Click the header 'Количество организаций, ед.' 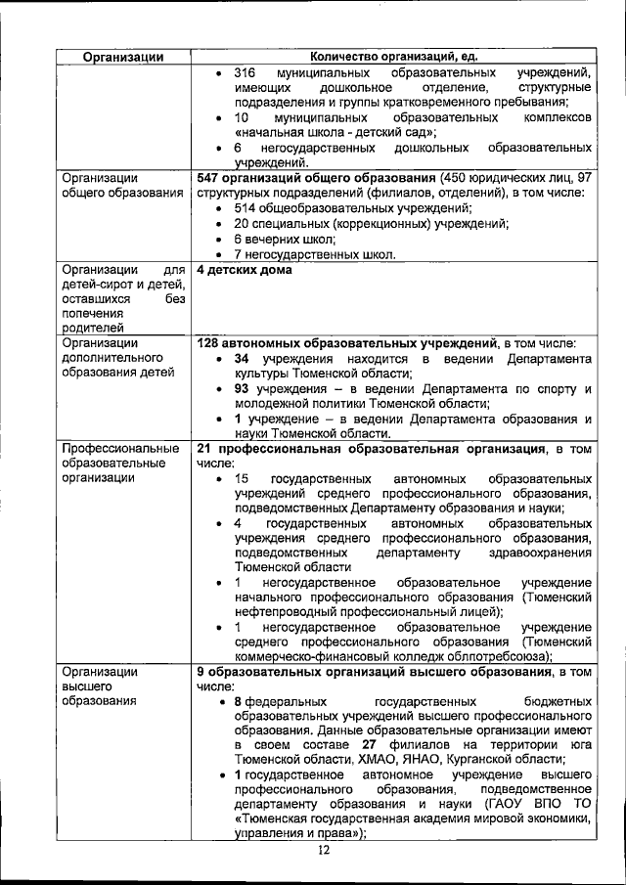coord(394,58)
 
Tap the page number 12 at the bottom coord(324,850)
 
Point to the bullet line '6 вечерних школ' coord(284,239)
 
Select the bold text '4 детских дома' coord(244,270)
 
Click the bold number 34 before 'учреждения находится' coord(244,359)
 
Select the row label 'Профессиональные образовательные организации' coord(108,464)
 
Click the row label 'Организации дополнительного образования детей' coord(117,358)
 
